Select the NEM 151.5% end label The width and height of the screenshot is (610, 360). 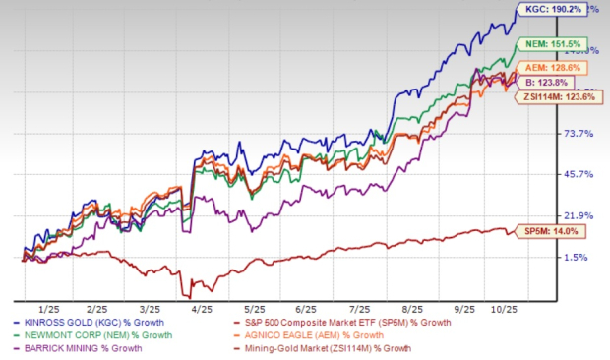click(558, 44)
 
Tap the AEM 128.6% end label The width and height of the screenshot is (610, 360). click(558, 68)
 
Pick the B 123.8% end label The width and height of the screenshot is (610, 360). click(553, 86)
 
